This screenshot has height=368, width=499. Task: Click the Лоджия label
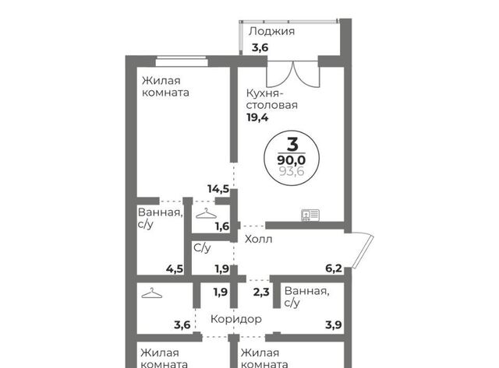click(271, 31)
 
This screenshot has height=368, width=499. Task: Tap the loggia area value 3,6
click(260, 48)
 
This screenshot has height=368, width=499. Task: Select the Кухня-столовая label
click(272, 99)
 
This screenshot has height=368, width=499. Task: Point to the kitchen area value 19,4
click(257, 117)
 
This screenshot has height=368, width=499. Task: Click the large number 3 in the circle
click(292, 144)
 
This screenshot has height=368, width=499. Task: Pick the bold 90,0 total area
click(292, 159)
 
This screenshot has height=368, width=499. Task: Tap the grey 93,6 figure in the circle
click(292, 171)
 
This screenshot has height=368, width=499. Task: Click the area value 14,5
click(218, 189)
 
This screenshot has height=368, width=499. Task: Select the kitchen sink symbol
click(310, 215)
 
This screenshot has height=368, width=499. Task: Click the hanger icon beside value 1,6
click(206, 213)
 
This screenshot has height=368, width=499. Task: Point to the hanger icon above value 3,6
click(151, 293)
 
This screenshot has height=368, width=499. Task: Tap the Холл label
click(258, 239)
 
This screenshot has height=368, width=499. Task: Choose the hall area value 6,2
click(334, 268)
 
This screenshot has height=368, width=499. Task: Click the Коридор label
click(236, 319)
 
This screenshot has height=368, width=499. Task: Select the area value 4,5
click(175, 269)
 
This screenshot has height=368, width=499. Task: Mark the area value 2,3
click(261, 292)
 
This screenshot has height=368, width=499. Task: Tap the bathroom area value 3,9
click(334, 325)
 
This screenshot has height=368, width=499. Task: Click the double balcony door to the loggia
click(293, 74)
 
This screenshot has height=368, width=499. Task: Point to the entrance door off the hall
click(363, 251)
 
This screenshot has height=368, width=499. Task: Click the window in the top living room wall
click(182, 61)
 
